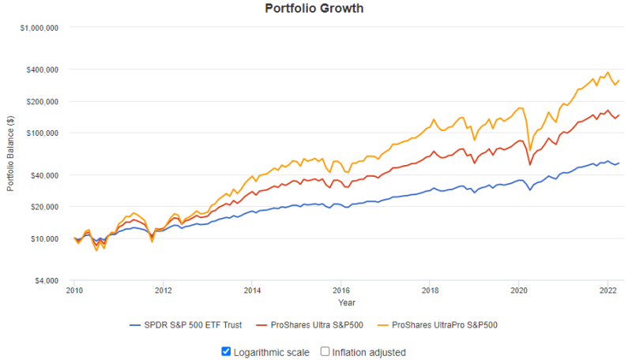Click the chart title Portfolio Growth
(315, 9)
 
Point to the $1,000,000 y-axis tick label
(40, 28)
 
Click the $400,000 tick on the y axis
(43, 69)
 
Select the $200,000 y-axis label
(43, 102)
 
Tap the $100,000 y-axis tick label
(43, 133)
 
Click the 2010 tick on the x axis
(74, 290)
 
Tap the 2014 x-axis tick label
(252, 290)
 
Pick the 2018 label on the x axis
(430, 290)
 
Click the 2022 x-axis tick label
(608, 290)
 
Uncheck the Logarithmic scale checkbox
(228, 352)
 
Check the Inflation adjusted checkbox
(325, 352)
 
